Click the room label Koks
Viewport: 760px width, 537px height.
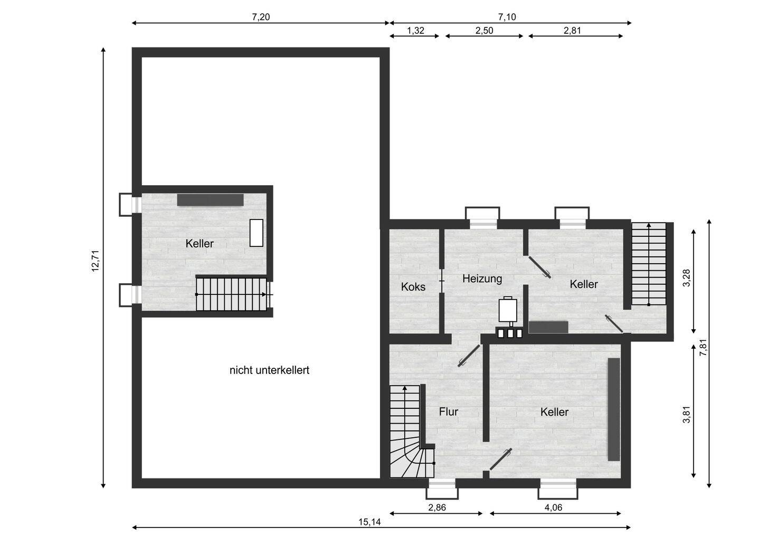pyautogui.click(x=413, y=287)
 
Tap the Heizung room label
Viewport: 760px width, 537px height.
pyautogui.click(x=482, y=279)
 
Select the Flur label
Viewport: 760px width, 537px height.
pyautogui.click(x=449, y=412)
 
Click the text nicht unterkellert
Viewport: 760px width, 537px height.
pyautogui.click(x=269, y=370)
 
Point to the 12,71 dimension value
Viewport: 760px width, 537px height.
pyautogui.click(x=96, y=261)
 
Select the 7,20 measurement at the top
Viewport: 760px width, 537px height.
pyautogui.click(x=261, y=17)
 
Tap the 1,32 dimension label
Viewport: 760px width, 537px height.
pyautogui.click(x=415, y=31)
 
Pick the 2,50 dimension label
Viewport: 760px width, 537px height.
pyautogui.click(x=484, y=31)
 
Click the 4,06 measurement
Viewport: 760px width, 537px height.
pyautogui.click(x=553, y=507)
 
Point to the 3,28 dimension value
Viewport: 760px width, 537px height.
pyautogui.click(x=686, y=278)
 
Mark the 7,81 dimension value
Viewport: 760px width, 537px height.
pyautogui.click(x=704, y=348)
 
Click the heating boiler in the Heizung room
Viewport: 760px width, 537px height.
pyautogui.click(x=508, y=310)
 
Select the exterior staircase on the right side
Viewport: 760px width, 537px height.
pyautogui.click(x=649, y=264)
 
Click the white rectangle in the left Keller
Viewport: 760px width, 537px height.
pyautogui.click(x=256, y=233)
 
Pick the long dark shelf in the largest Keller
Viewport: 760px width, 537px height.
pyautogui.click(x=614, y=409)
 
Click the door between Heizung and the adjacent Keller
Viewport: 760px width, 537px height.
pyautogui.click(x=539, y=267)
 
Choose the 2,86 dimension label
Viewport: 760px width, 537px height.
pyautogui.click(x=437, y=507)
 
